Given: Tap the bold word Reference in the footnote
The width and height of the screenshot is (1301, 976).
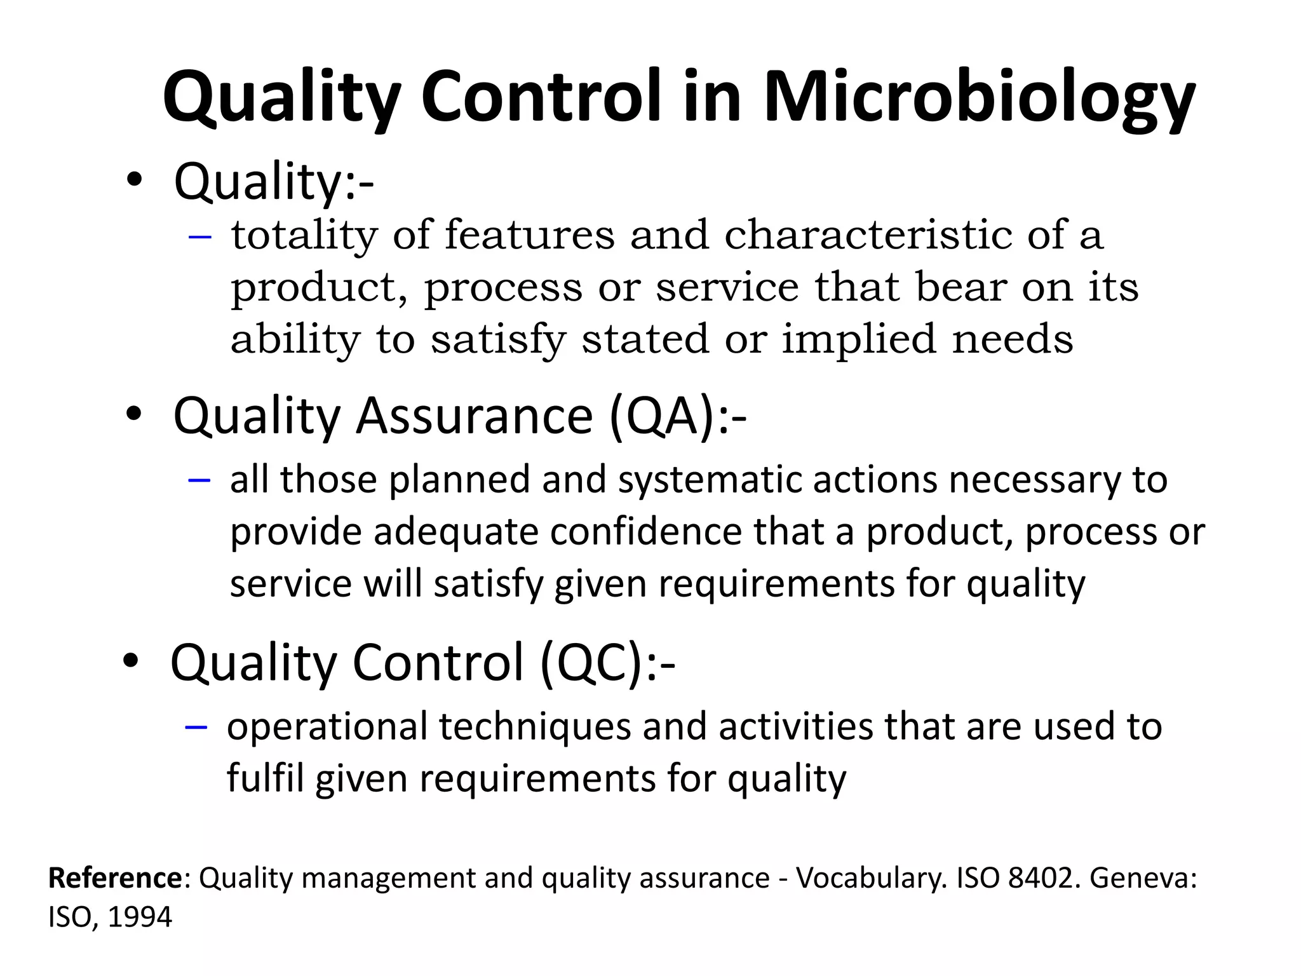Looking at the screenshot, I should point(115,878).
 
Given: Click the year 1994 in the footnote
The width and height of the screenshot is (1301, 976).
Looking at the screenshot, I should point(140,917).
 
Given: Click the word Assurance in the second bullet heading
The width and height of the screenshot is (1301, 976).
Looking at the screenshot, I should point(474,416).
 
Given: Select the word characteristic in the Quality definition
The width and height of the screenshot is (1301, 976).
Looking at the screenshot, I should point(868,235).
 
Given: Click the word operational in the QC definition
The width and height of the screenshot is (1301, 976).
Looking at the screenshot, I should point(327,728).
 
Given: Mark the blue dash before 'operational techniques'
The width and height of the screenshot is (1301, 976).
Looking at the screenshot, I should point(196,728).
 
